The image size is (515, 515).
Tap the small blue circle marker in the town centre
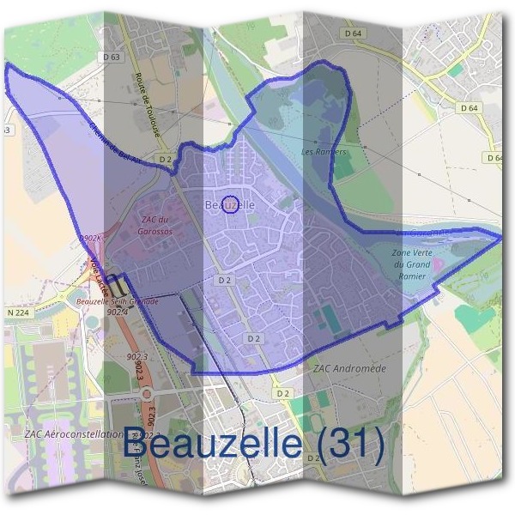(230, 203)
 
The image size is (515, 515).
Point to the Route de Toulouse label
(148, 104)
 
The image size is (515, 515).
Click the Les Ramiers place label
(324, 152)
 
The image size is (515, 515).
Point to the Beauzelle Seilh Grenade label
(118, 301)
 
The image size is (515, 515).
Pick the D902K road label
(89, 238)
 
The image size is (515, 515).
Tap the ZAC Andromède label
(349, 368)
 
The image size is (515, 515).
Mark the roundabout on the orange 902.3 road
(147, 394)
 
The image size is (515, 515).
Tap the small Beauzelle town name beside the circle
(230, 205)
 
